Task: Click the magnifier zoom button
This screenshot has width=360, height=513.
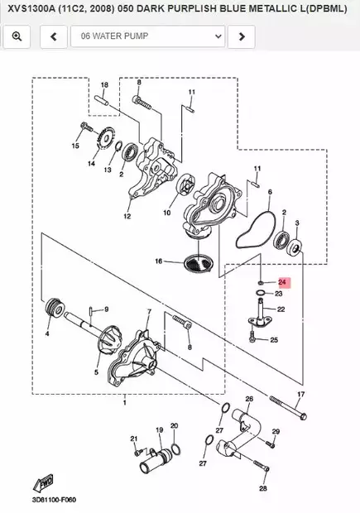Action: [x=17, y=36]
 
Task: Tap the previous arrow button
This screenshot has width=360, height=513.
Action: [x=54, y=36]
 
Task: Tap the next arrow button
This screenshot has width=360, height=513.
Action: [x=241, y=36]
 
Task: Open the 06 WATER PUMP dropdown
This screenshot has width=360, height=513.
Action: [x=148, y=36]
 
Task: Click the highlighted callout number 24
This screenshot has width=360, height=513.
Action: [x=281, y=282]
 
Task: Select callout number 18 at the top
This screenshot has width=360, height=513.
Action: [x=104, y=86]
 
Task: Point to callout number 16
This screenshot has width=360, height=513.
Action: [x=159, y=261]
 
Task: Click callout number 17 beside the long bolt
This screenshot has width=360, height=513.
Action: [x=301, y=395]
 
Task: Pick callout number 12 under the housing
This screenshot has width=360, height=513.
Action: [x=127, y=217]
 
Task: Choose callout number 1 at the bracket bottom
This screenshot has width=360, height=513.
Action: [x=125, y=404]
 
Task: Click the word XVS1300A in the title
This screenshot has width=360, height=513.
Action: [x=32, y=9]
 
